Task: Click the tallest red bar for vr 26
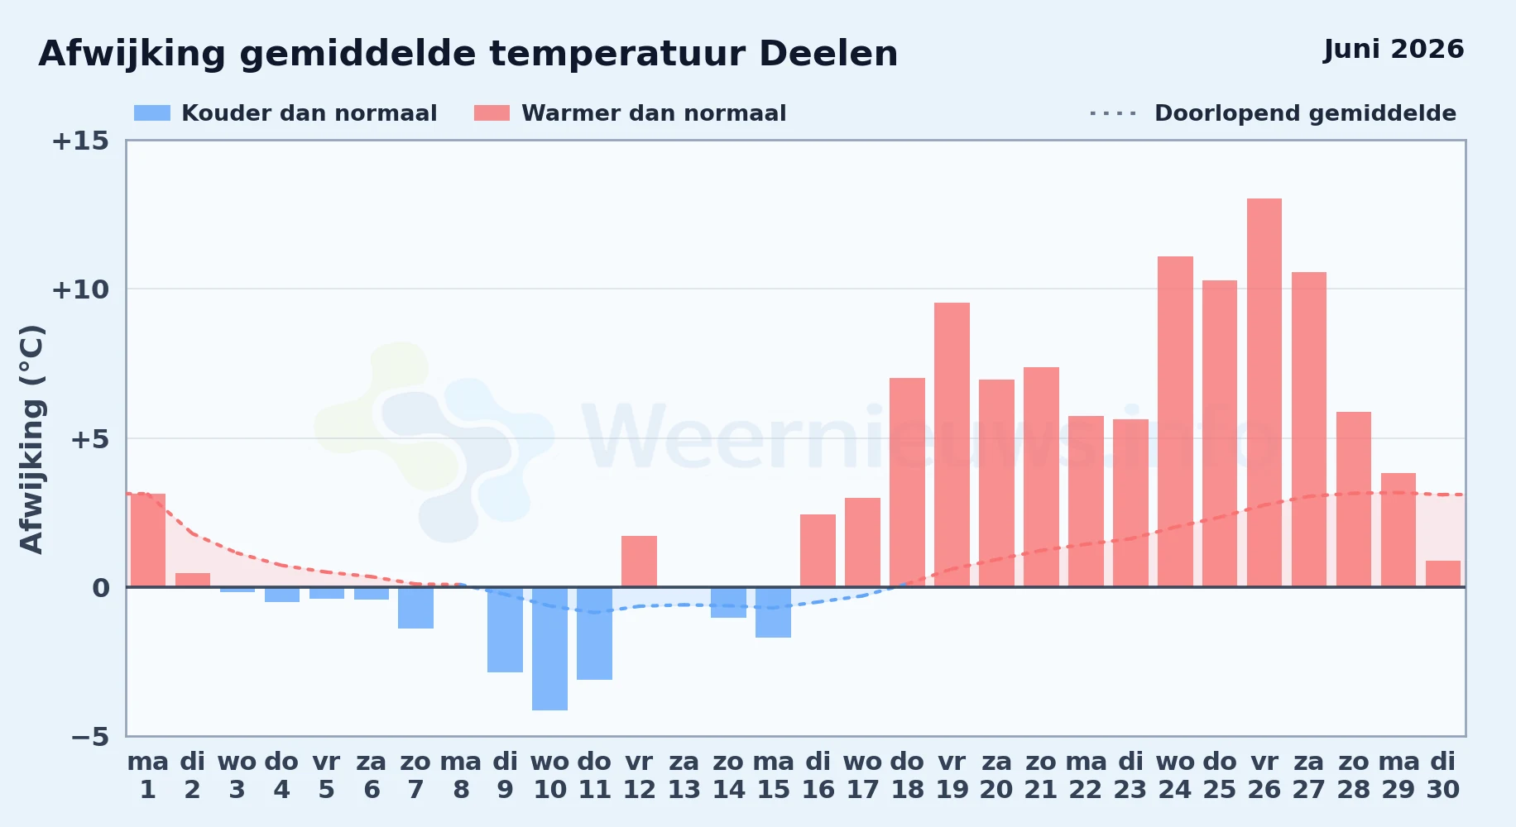coord(1264,393)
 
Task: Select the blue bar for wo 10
coord(549,648)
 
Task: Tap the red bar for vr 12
coord(639,562)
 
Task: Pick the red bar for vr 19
coord(952,445)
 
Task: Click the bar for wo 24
coord(1175,422)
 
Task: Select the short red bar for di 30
coord(1442,574)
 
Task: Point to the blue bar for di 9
coord(505,629)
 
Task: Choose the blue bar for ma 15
coord(773,612)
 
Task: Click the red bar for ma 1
coord(148,540)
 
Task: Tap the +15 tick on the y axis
coord(80,141)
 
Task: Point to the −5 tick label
coord(89,736)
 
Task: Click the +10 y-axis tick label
coord(80,289)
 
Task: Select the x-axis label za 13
coord(684,775)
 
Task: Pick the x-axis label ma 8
coord(460,775)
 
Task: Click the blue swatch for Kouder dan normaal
coord(152,113)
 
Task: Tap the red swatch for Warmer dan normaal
coord(492,113)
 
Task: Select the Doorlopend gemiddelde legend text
coord(1305,113)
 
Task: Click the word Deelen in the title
coord(828,54)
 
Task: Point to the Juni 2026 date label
coord(1394,49)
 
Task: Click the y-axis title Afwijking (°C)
coord(31,439)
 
